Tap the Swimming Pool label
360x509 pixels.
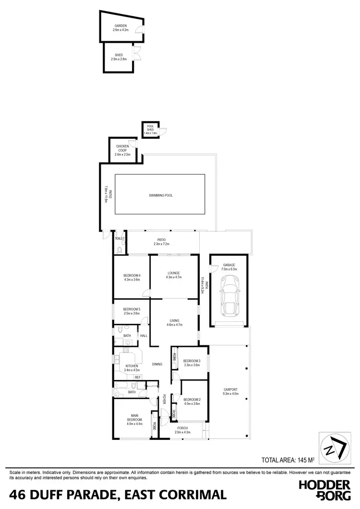[161, 196]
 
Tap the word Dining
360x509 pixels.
[157, 365]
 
